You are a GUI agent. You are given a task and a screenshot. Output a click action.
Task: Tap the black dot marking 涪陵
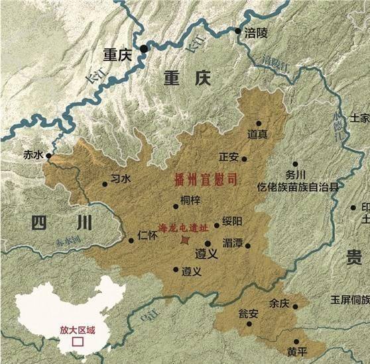coord(238,30)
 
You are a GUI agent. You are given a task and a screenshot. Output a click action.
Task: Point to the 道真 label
coord(259,134)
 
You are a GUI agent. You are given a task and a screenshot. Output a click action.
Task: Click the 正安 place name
coord(228,157)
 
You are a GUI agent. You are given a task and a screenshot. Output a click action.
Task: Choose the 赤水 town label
coord(32,156)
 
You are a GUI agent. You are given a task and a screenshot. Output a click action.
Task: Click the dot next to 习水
coord(105,185)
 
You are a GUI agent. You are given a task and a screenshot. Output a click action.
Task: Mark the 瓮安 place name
coord(248,314)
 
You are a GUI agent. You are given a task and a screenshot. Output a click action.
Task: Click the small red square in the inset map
coord(78,342)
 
